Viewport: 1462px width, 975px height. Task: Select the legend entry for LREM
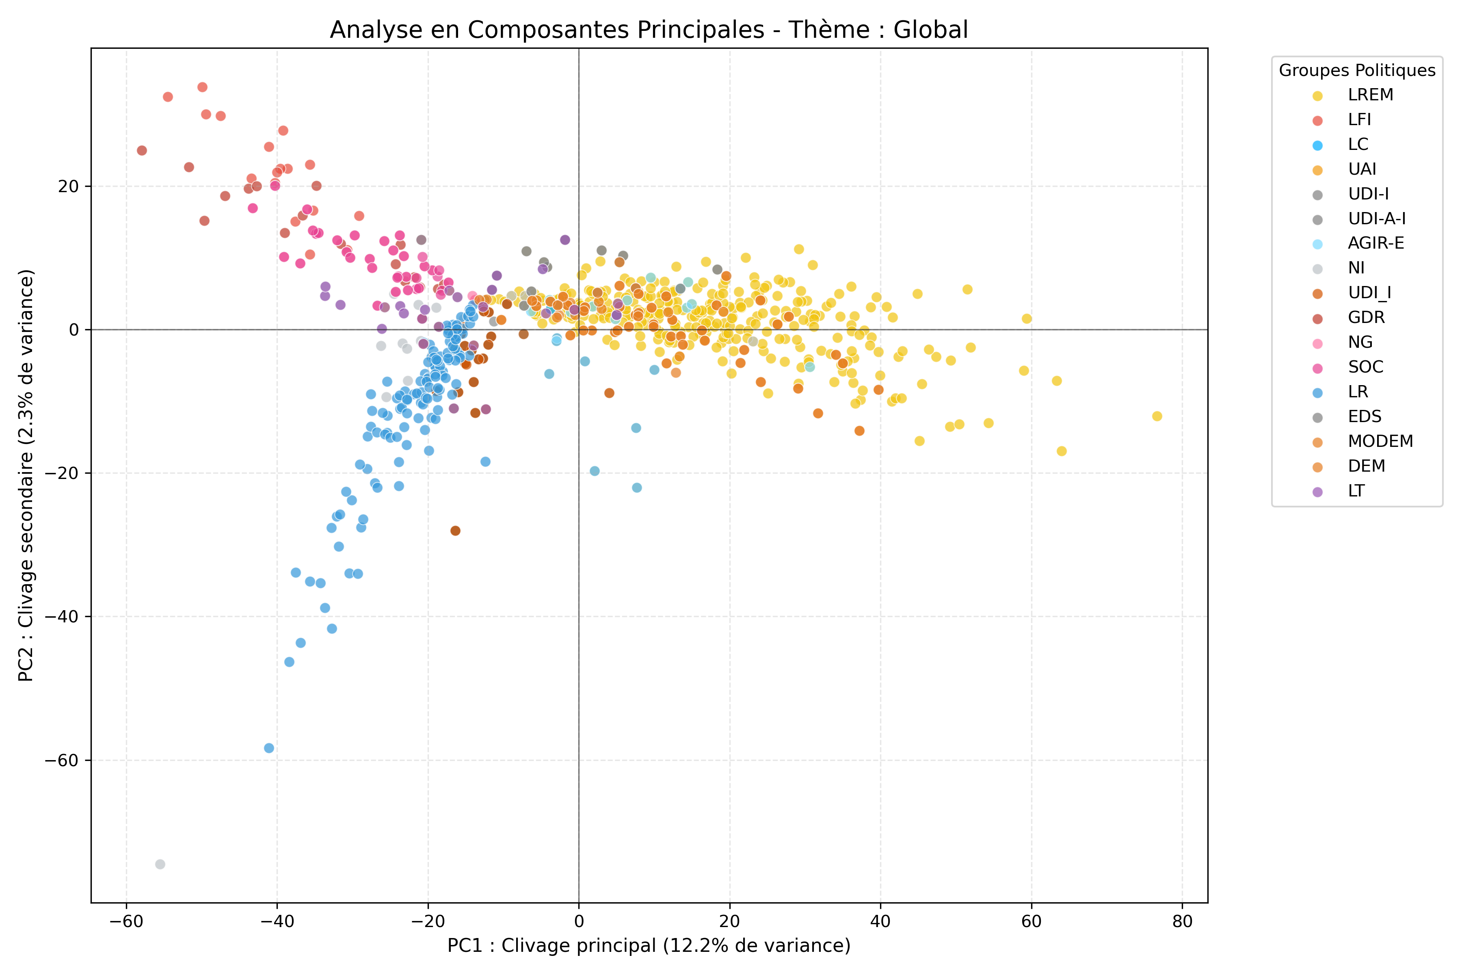[1370, 95]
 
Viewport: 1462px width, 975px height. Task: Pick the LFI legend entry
[1359, 120]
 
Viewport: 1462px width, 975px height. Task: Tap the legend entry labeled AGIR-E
[1375, 243]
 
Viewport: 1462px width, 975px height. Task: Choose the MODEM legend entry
[1380, 442]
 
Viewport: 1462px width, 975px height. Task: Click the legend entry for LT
[1356, 491]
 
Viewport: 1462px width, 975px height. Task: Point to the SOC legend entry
[1365, 367]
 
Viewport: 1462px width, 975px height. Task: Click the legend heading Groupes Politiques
[1357, 70]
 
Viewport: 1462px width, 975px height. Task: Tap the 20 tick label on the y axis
[69, 186]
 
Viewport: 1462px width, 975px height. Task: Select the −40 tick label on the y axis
[62, 617]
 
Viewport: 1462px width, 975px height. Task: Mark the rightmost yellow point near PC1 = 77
[1157, 416]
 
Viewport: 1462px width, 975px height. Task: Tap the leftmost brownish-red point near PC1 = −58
[142, 150]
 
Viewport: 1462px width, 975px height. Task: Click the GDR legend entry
[1366, 318]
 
